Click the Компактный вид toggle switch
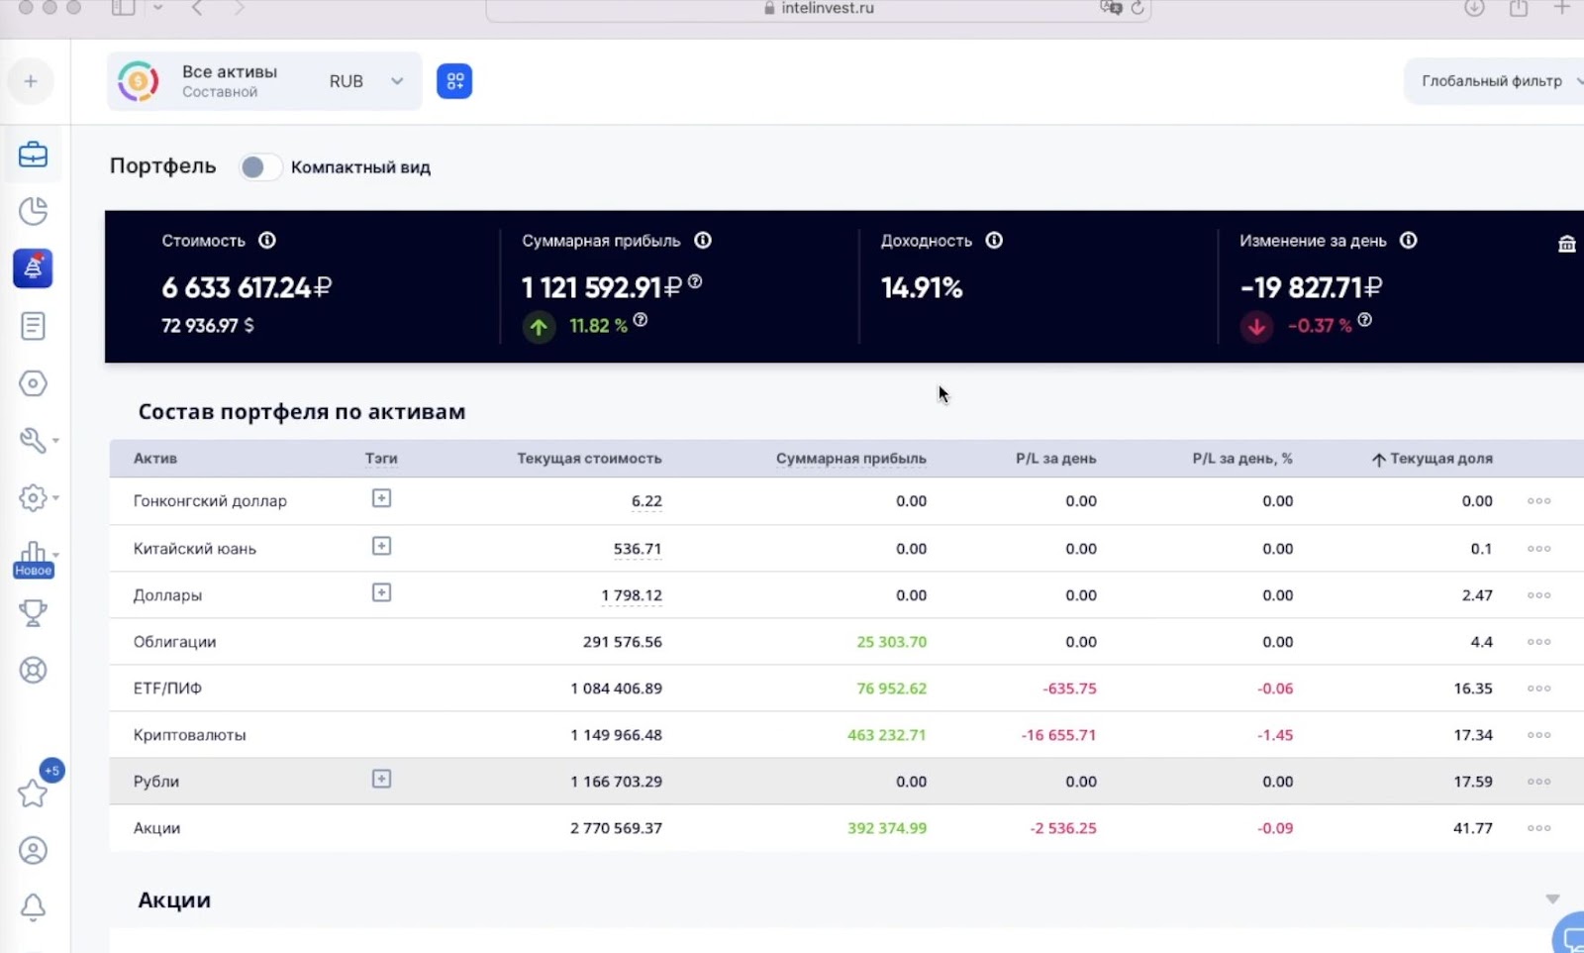[x=259, y=167]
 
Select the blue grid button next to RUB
[x=454, y=81]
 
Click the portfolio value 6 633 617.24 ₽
[x=247, y=287]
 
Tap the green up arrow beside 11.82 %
[x=539, y=326]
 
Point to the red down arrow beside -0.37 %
[x=1256, y=326]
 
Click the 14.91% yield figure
[x=921, y=288]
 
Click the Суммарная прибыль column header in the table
[x=850, y=459]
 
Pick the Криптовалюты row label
[x=189, y=735]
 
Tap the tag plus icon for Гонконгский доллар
[x=381, y=498]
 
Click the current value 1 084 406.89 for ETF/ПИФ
[x=616, y=688]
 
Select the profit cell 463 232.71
[x=886, y=735]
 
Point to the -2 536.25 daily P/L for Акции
[x=1062, y=828]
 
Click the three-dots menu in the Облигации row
[x=1538, y=642]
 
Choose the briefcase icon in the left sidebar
[x=33, y=155]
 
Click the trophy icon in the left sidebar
[x=33, y=613]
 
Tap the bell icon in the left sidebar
[x=33, y=906]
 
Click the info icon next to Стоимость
[x=267, y=241]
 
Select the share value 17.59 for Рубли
[x=1472, y=782]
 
